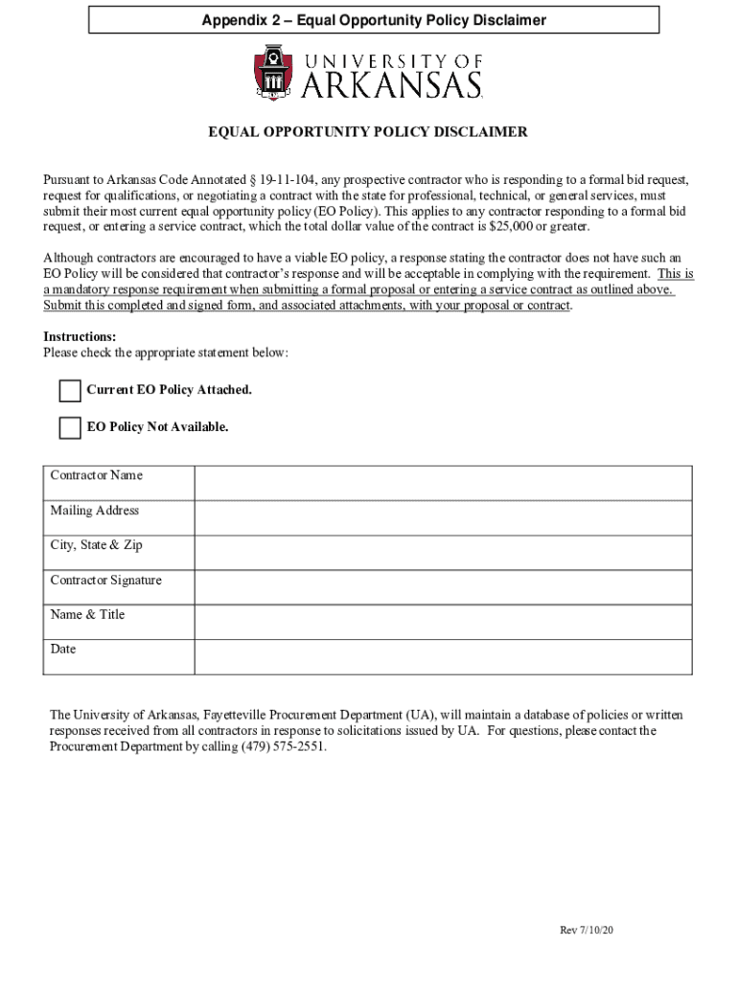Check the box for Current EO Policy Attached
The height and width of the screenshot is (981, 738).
pos(70,391)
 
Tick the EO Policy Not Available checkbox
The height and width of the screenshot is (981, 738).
pos(70,427)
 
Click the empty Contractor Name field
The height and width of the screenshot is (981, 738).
pos(443,483)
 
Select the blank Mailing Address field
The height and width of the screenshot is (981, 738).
pos(443,517)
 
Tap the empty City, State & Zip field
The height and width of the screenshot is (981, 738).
pos(443,553)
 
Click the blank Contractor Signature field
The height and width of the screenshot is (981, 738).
pos(443,587)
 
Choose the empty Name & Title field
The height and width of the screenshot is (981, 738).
pos(443,622)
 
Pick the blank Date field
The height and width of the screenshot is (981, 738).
pos(443,657)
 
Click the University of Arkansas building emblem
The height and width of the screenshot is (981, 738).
pos(272,74)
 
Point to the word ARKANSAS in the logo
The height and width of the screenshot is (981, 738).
pos(392,86)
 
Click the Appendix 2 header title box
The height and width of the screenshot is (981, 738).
pos(374,20)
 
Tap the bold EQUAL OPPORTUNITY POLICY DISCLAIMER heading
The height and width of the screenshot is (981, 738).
pos(368,132)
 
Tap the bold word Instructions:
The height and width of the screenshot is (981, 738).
pos(81,337)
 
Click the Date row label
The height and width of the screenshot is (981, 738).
pos(63,650)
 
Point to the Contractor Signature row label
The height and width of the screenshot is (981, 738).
pos(105,580)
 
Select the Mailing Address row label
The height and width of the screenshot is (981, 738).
pos(95,511)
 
